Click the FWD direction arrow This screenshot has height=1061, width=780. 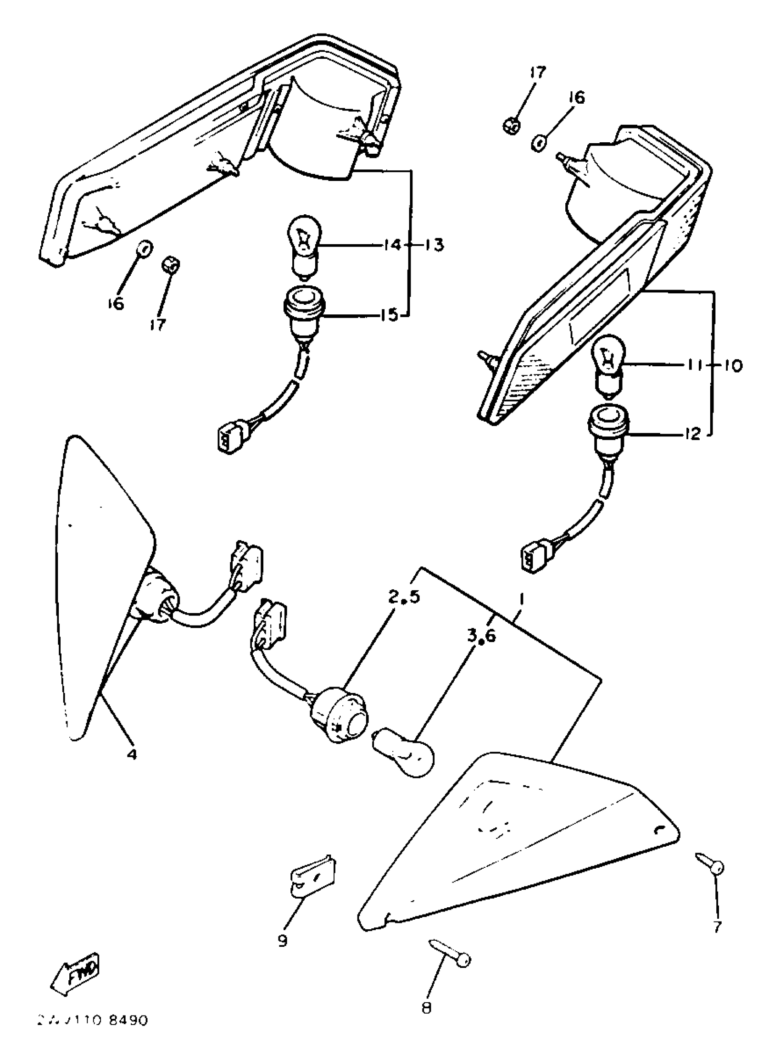point(76,975)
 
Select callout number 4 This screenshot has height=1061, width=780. point(132,754)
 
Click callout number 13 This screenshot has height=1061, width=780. point(434,245)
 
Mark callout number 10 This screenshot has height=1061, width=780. point(732,365)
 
